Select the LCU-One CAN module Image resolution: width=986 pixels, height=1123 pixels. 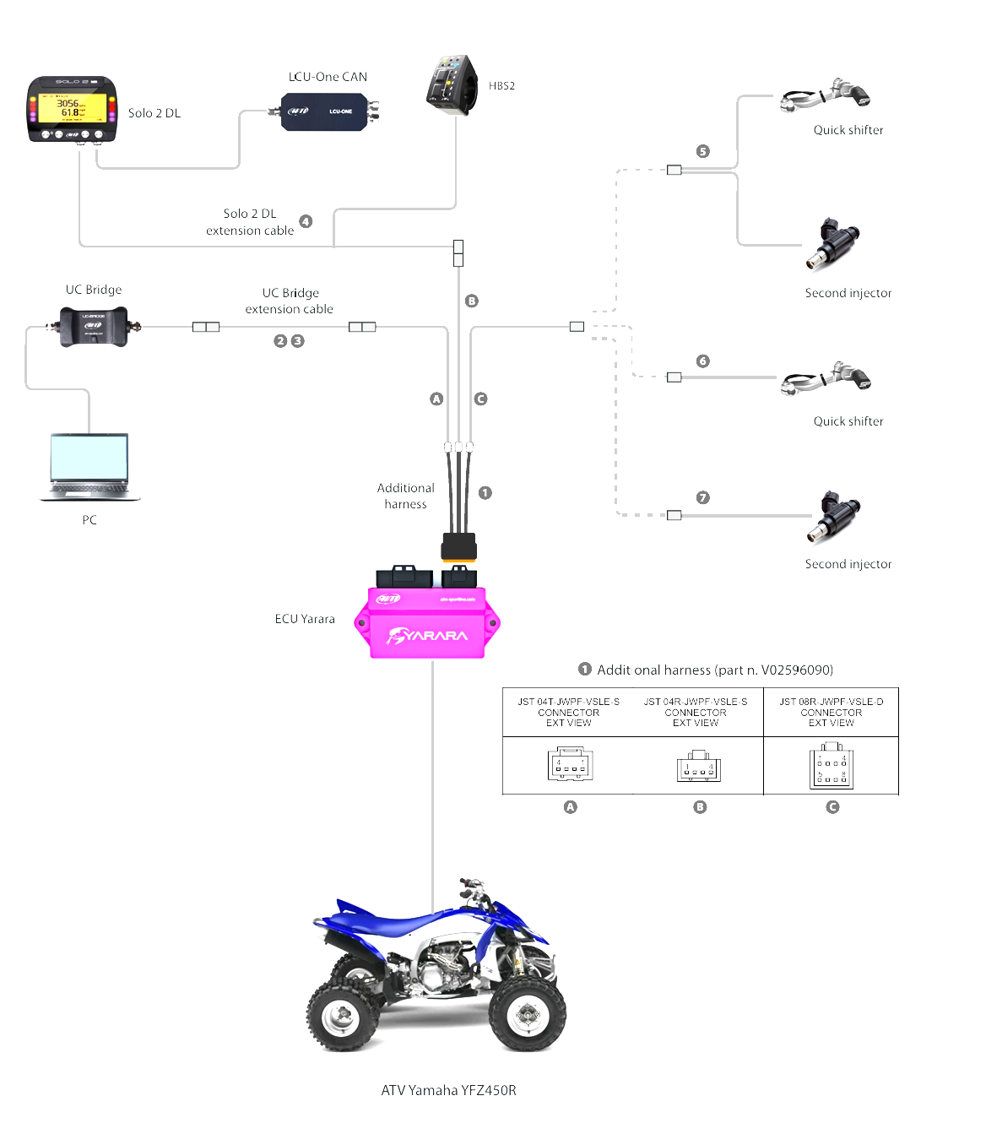pyautogui.click(x=328, y=111)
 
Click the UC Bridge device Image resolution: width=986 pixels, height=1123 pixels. pyautogui.click(x=93, y=326)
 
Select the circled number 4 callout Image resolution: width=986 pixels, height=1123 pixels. pyautogui.click(x=306, y=221)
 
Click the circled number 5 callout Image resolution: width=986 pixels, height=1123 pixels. pyautogui.click(x=702, y=151)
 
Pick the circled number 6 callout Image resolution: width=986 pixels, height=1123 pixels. pyautogui.click(x=702, y=361)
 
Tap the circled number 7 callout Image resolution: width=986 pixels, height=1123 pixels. pyautogui.click(x=702, y=498)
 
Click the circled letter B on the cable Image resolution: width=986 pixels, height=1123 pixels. pyautogui.click(x=472, y=301)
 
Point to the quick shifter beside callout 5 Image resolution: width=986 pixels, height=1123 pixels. pyautogui.click(x=825, y=95)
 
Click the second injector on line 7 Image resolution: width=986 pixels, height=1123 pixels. pyautogui.click(x=833, y=517)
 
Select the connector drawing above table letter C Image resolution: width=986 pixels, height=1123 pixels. pyautogui.click(x=832, y=766)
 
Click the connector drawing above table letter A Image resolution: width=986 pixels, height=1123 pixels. pyautogui.click(x=570, y=764)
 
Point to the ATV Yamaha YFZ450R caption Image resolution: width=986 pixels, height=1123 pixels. pyautogui.click(x=448, y=1090)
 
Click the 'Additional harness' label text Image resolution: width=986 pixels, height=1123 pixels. pyautogui.click(x=405, y=496)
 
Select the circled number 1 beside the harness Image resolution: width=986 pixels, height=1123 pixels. pyautogui.click(x=485, y=492)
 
